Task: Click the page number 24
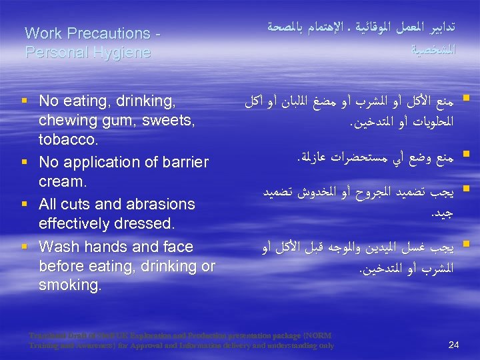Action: coord(455,345)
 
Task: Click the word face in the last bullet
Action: coord(175,247)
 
